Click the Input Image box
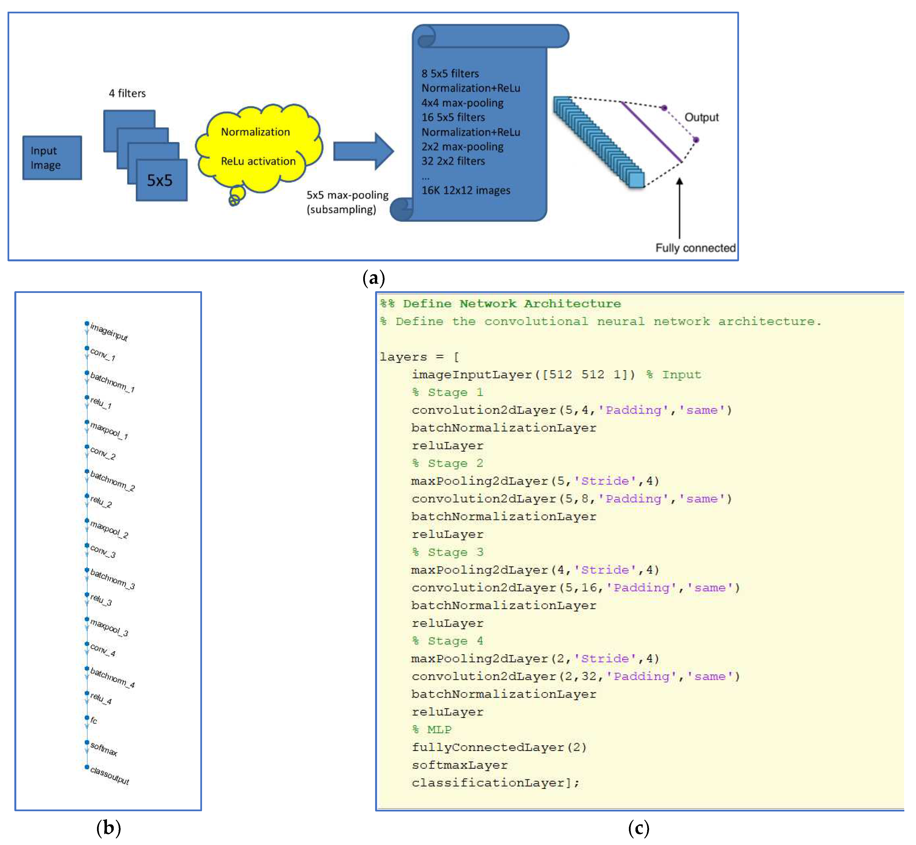tap(52, 158)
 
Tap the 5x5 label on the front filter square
tap(160, 181)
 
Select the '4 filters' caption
tap(127, 93)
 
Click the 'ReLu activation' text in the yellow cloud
tap(258, 161)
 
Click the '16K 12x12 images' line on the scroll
tap(466, 191)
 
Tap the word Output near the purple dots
tap(701, 117)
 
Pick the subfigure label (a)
tap(374, 278)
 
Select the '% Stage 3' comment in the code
tap(447, 552)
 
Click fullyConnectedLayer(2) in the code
tap(498, 748)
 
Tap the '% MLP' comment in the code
tap(432, 730)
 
